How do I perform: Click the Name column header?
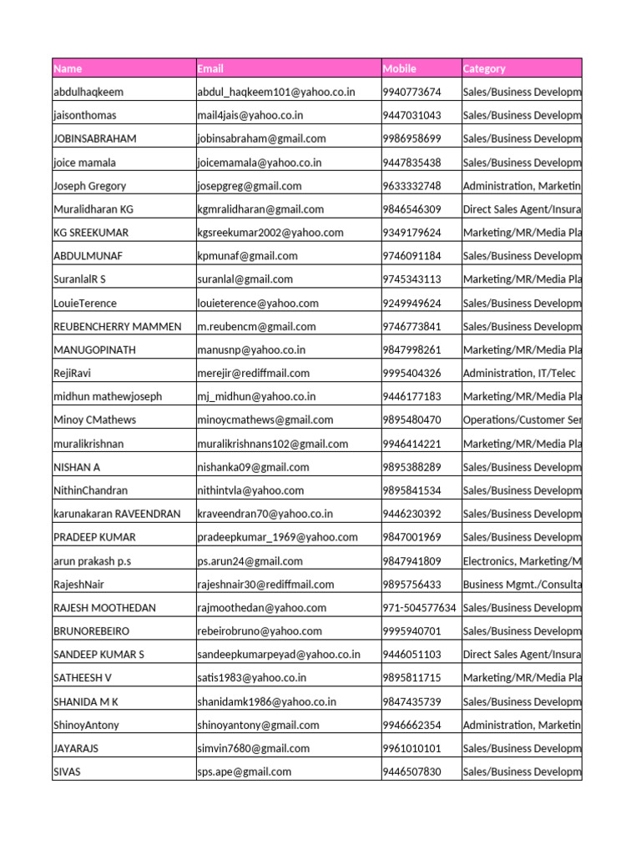coord(68,68)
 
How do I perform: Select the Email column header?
coord(210,68)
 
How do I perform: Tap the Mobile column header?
coord(399,68)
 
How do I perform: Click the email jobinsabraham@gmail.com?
coord(261,138)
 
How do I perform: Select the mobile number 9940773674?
coord(411,92)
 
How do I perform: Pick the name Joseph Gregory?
coord(89,186)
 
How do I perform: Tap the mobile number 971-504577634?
coord(419,608)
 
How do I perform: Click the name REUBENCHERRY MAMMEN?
coord(117,327)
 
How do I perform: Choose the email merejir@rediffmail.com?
coord(253,374)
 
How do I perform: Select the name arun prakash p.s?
coord(94,561)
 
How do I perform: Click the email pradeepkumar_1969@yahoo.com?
coord(277,538)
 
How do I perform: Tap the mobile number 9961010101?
coord(411,749)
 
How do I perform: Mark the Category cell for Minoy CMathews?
coord(522,420)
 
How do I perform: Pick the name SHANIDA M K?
coord(86,702)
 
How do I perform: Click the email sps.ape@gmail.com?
coord(245,772)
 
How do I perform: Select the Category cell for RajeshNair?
coord(522,585)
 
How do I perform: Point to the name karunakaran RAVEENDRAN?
coord(117,515)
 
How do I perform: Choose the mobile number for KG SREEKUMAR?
coord(411,233)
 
